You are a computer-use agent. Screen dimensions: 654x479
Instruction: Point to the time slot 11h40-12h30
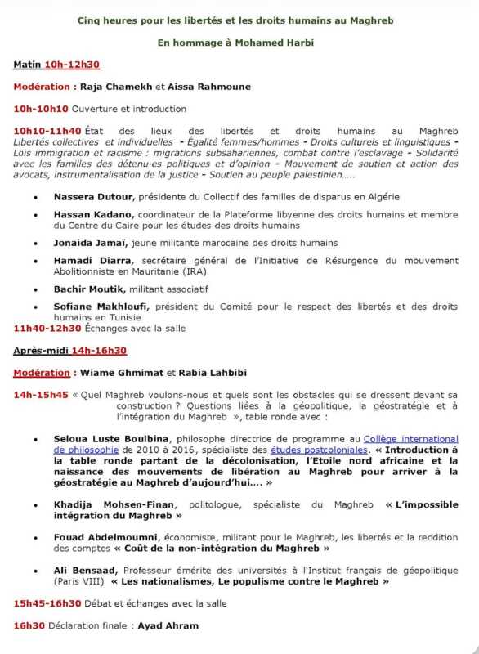[x=47, y=328]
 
